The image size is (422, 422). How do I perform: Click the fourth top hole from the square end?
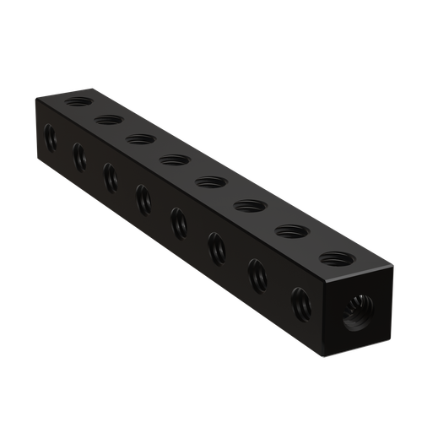coord(209,180)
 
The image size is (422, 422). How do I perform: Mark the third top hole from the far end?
coord(141,138)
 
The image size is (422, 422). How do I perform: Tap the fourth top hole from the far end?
coord(174,159)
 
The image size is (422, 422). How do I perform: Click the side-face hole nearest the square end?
coord(300,302)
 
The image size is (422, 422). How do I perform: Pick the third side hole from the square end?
coord(217,246)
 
